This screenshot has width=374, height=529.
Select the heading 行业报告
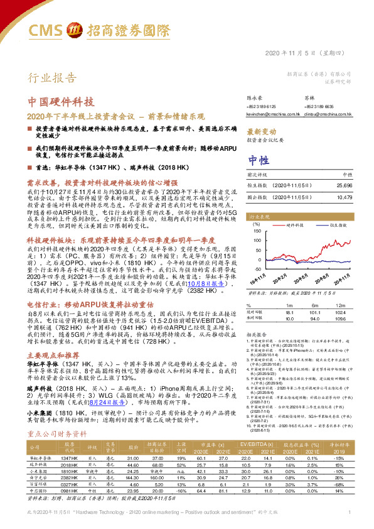(48, 78)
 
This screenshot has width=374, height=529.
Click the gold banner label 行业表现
(258, 215)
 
